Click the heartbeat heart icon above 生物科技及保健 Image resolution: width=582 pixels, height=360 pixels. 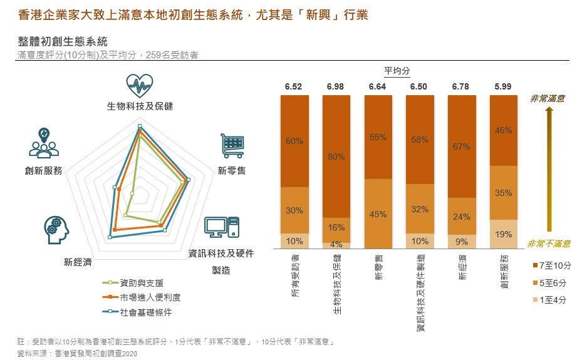click(x=139, y=85)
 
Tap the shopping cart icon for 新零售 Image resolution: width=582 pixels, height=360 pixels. click(x=231, y=146)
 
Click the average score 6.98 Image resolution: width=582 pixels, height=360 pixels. click(x=336, y=86)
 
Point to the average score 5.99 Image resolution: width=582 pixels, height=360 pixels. click(x=503, y=86)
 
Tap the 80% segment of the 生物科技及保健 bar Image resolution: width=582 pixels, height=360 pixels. click(x=336, y=157)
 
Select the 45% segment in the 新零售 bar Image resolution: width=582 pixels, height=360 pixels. click(x=378, y=214)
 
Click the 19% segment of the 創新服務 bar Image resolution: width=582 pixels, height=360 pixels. click(x=503, y=234)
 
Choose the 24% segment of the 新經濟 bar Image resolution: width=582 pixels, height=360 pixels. click(x=461, y=217)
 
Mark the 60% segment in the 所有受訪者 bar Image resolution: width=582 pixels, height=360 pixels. click(x=294, y=141)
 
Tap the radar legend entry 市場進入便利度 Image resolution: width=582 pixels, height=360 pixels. click(x=142, y=297)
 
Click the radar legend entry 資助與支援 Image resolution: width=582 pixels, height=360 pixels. click(x=138, y=283)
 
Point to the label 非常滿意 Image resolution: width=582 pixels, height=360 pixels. click(x=547, y=98)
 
